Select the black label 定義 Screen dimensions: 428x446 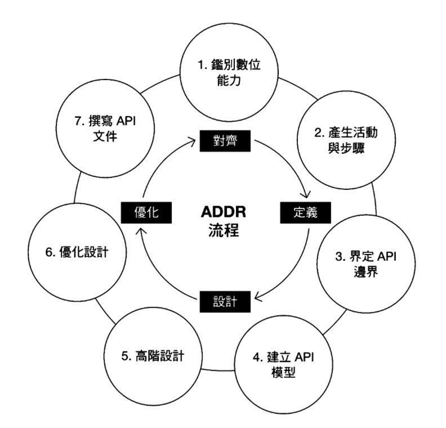click(304, 213)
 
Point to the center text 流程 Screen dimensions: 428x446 click(224, 231)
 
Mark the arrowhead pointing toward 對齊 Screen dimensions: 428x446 click(195, 144)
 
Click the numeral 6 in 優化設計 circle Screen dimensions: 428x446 click(48, 252)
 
